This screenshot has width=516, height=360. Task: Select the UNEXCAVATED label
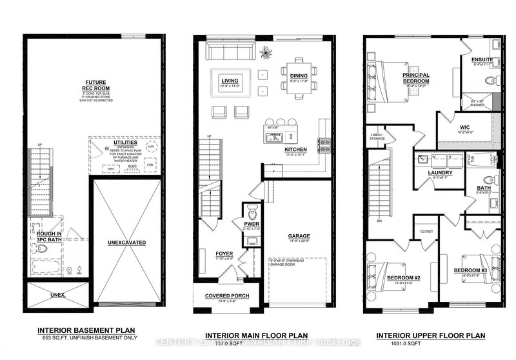point(126,242)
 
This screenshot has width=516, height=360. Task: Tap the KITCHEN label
point(293,149)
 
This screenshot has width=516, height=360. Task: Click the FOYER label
point(223,254)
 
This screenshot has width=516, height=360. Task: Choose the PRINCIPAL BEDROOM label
point(416,78)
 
